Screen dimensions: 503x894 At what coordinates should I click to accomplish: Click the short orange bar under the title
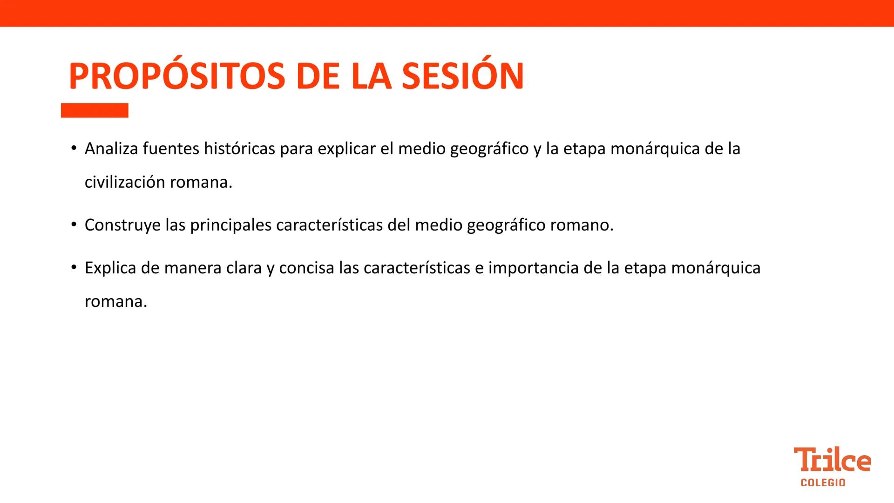[x=95, y=110]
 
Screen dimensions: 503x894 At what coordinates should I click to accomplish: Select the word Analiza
[x=111, y=149]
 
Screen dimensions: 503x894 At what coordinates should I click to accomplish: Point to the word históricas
[x=239, y=149]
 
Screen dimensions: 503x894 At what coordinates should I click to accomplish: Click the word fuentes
[x=170, y=149]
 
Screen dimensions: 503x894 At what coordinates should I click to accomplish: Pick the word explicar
[x=346, y=149]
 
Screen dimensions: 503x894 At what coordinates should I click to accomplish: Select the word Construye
[x=122, y=225]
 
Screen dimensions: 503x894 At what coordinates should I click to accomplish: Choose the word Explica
[x=110, y=268]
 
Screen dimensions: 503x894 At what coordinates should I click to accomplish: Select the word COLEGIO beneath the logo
[x=823, y=483]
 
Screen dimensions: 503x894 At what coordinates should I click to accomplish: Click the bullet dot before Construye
[x=74, y=225]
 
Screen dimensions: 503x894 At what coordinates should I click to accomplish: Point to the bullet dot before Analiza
[x=74, y=148]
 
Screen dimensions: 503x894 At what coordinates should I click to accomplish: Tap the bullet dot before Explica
[x=74, y=268]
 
